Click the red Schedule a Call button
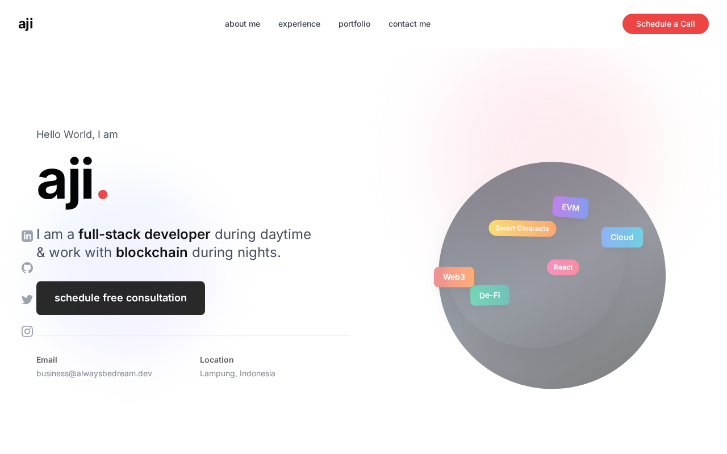tap(665, 24)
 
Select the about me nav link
tap(243, 24)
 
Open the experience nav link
tap(299, 24)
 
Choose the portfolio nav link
tap(354, 24)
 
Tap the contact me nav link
tap(410, 24)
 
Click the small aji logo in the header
tap(26, 24)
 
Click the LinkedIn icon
tap(27, 236)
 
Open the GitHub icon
tap(27, 268)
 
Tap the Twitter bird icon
tap(27, 299)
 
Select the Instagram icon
tap(27, 331)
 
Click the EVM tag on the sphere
tap(571, 207)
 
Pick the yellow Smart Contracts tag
tap(522, 228)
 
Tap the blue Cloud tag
tap(622, 237)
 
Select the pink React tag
tap(563, 267)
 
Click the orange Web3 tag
tap(454, 277)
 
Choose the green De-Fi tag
tap(490, 295)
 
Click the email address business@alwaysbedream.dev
tap(94, 373)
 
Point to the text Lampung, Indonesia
tap(237, 373)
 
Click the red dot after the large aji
tap(103, 194)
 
